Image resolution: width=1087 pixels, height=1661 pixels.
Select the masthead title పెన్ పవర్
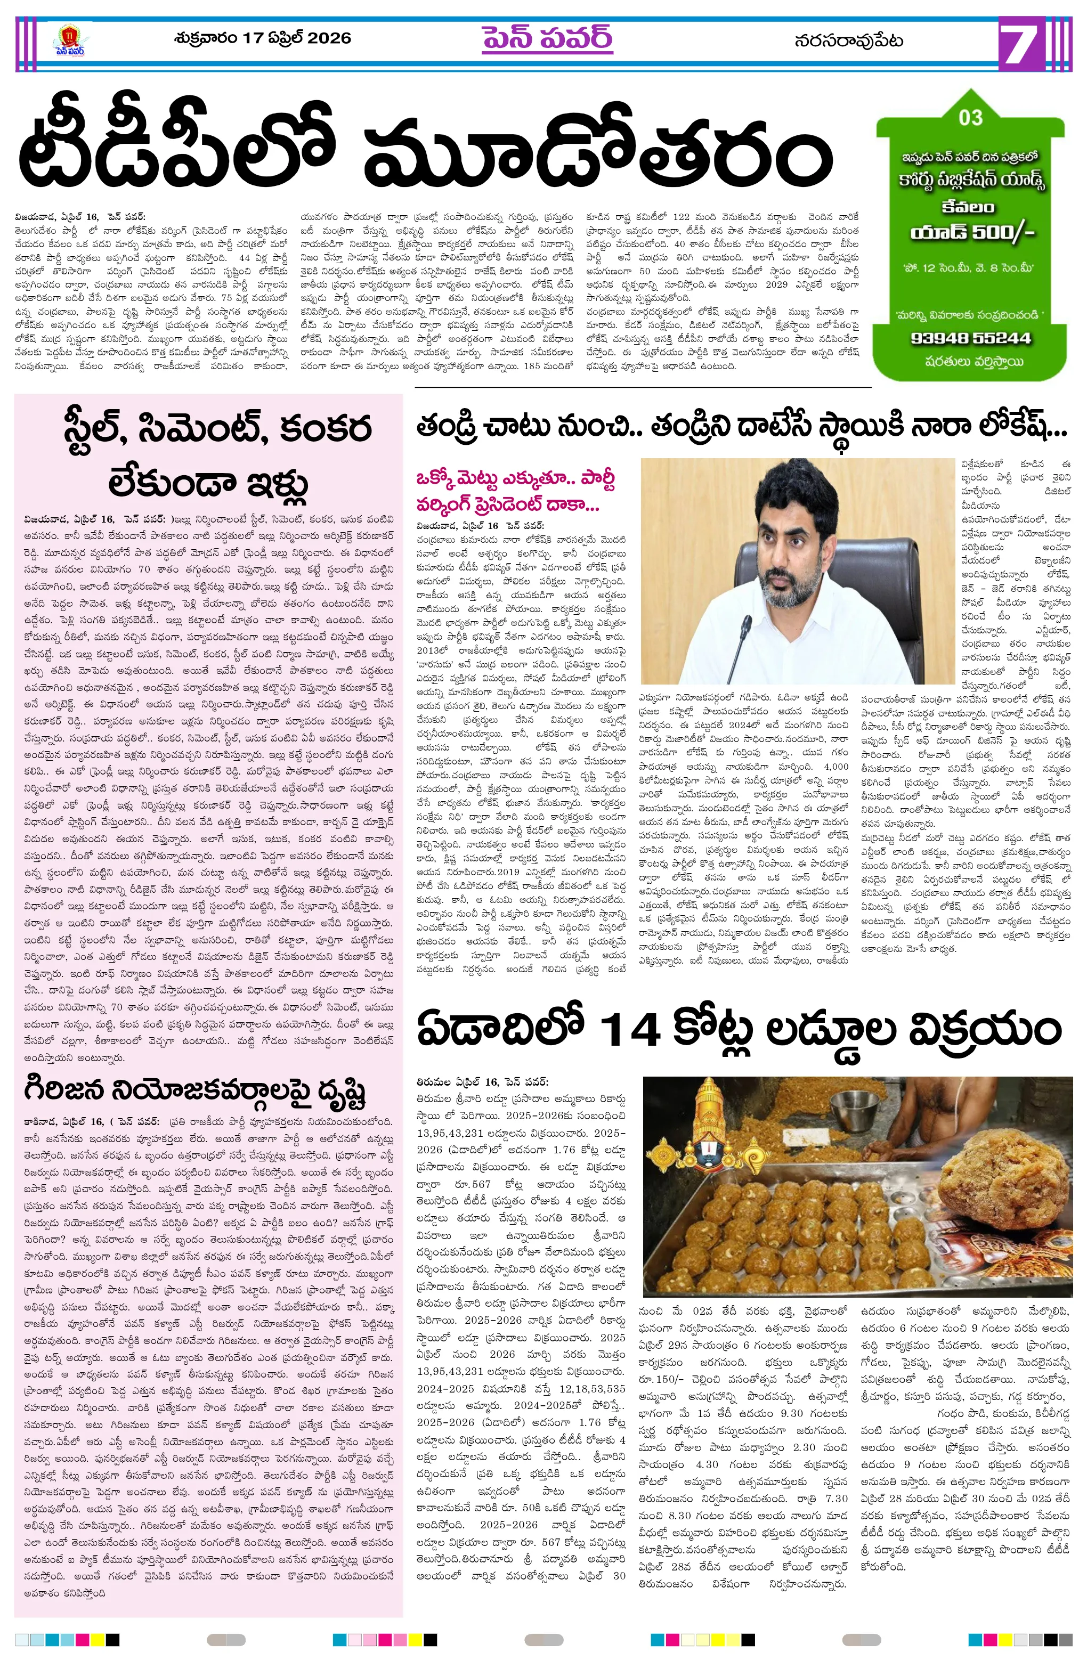point(547,39)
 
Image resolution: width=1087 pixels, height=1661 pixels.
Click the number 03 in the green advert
point(970,117)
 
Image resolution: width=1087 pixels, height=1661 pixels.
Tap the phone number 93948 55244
point(970,338)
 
